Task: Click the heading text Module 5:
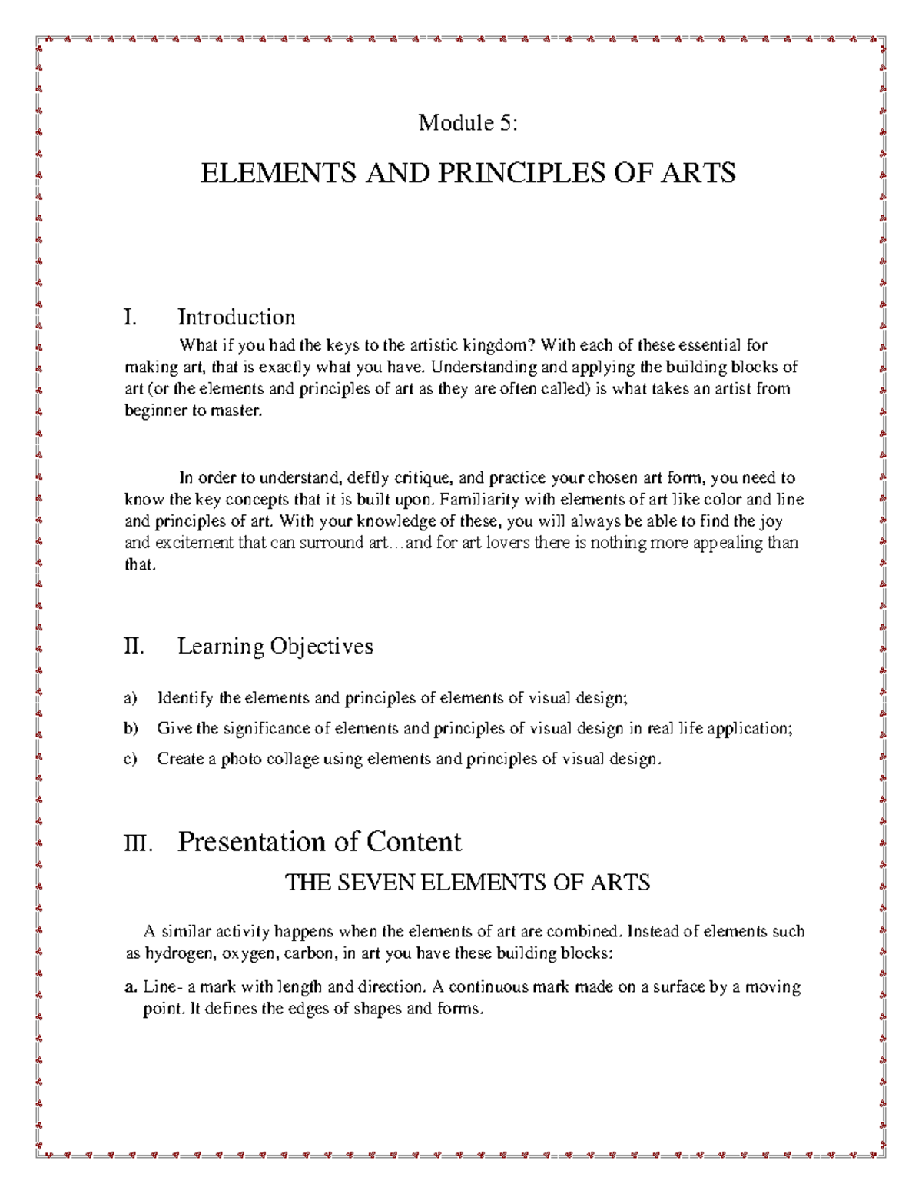coord(467,122)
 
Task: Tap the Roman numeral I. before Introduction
coord(130,317)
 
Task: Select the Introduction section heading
coord(236,317)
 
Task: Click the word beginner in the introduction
coord(152,411)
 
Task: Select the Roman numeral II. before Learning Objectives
coord(134,646)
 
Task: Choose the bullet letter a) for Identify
coord(131,698)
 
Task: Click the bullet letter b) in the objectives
coord(131,728)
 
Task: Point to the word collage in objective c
coord(291,759)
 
